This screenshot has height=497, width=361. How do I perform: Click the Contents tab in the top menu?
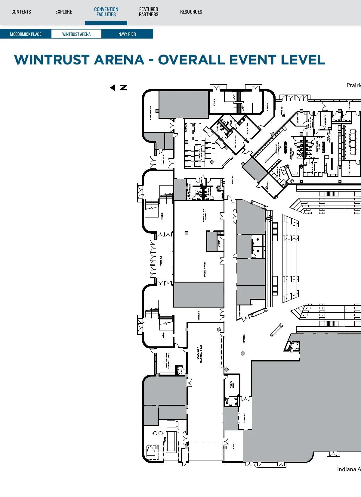[21, 12]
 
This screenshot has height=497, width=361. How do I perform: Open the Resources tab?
[191, 12]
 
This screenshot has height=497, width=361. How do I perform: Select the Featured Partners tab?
[149, 12]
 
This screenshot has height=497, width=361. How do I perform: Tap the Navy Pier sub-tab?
[127, 34]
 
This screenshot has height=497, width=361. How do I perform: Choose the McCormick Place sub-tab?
[26, 34]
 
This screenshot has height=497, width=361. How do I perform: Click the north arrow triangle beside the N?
[113, 88]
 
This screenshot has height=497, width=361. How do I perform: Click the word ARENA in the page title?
[119, 60]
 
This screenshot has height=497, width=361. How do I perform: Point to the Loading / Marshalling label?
[200, 354]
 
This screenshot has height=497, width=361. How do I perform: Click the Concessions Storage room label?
[205, 215]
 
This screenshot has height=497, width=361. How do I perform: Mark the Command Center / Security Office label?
[168, 361]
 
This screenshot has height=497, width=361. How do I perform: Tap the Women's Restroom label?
[210, 192]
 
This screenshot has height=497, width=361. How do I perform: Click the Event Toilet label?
[291, 346]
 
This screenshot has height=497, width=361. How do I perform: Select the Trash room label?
[165, 440]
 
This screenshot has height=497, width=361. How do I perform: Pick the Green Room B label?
[248, 129]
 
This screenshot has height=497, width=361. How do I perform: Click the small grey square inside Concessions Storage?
[187, 233]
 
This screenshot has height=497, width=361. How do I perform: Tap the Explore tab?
[63, 12]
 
